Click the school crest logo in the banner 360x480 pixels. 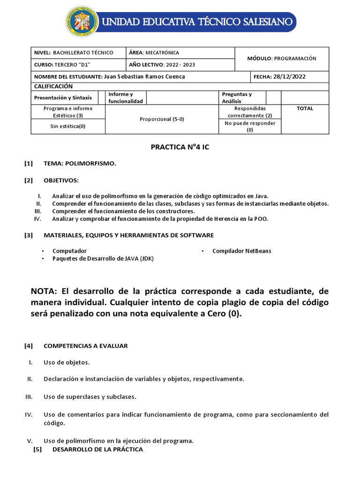pyautogui.click(x=82, y=22)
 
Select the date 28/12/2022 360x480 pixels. pyautogui.click(x=289, y=76)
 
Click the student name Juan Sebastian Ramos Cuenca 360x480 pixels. pyautogui.click(x=144, y=76)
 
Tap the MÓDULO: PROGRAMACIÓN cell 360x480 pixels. pyautogui.click(x=282, y=59)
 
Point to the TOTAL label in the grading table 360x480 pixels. pyautogui.click(x=305, y=108)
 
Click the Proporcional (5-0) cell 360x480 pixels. pyautogui.click(x=162, y=119)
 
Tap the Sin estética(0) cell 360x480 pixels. pyautogui.click(x=68, y=126)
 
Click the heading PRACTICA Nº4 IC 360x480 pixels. pyautogui.click(x=180, y=147)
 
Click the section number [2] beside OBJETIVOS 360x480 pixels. pyautogui.click(x=29, y=180)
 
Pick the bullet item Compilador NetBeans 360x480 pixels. pyautogui.click(x=241, y=251)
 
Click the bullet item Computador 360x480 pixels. pyautogui.click(x=69, y=251)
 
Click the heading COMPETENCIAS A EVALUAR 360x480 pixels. pyautogui.click(x=85, y=346)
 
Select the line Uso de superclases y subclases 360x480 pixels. pyautogui.click(x=90, y=397)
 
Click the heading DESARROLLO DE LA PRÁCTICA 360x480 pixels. pyautogui.click(x=97, y=449)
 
